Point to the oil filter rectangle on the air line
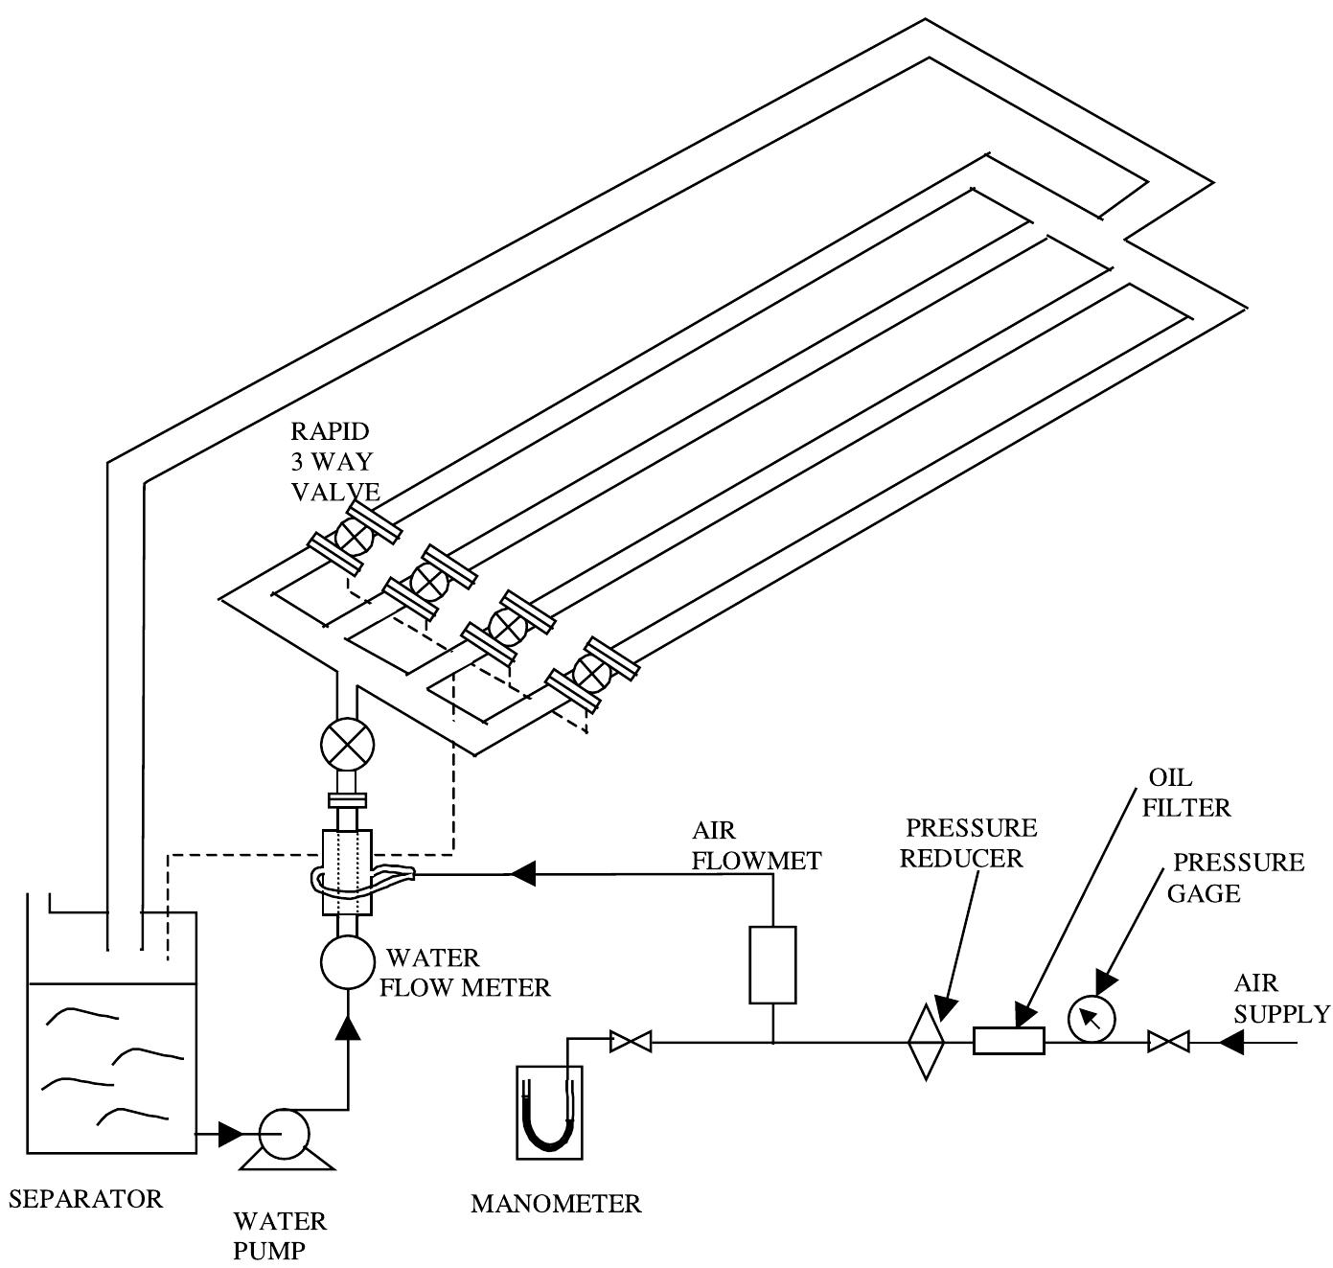(x=1008, y=1040)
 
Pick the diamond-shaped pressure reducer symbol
(x=926, y=1041)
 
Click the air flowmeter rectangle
(x=772, y=964)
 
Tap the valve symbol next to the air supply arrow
(x=1168, y=1041)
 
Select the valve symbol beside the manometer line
(x=632, y=1041)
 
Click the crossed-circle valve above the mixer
(x=346, y=744)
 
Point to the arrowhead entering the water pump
(x=231, y=1134)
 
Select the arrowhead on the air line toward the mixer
(x=522, y=873)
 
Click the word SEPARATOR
(x=85, y=1198)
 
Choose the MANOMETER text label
(x=556, y=1204)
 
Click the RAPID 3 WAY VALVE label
(x=333, y=461)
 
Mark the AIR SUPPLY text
(x=1280, y=998)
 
